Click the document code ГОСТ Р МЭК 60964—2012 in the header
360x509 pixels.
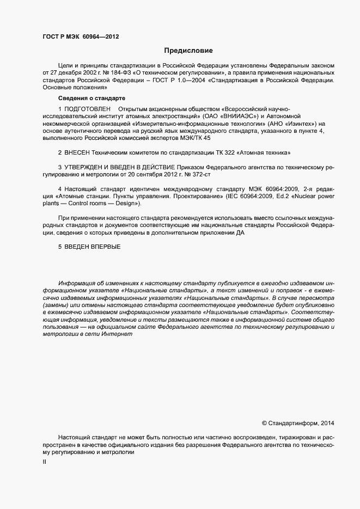[x=81, y=37]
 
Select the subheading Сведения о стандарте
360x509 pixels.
[x=91, y=99]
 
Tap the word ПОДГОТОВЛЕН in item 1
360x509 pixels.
[x=88, y=109]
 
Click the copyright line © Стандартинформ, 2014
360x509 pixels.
[x=298, y=423]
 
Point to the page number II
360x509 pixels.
[x=44, y=462]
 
